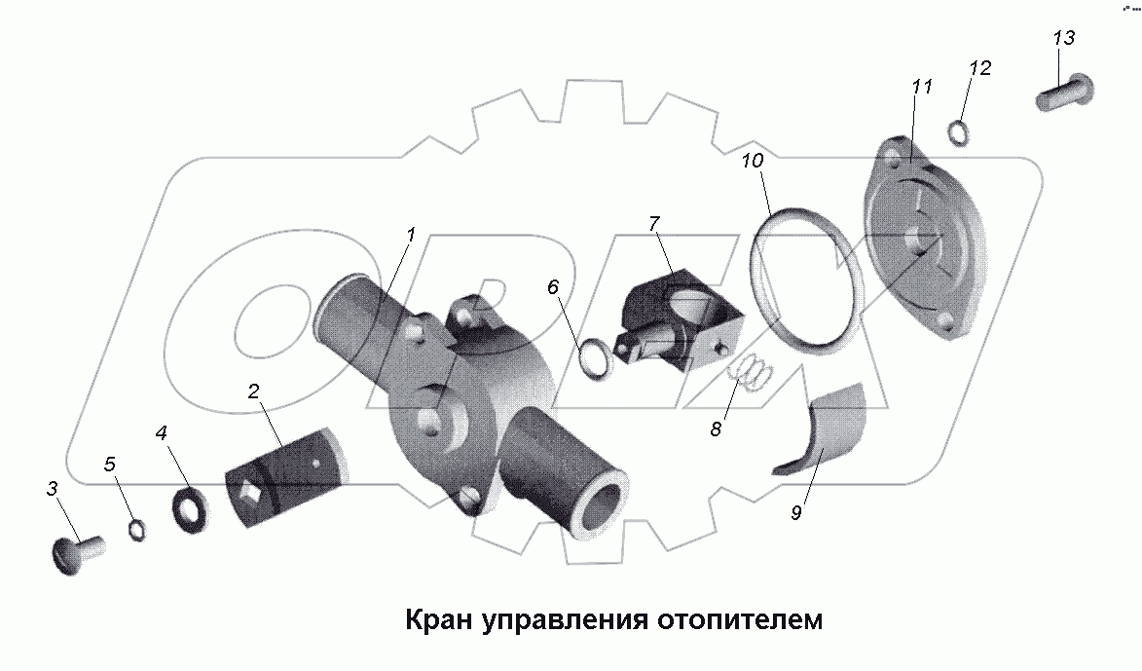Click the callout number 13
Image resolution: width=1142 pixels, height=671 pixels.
point(1063,38)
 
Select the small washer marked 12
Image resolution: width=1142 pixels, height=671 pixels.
point(958,132)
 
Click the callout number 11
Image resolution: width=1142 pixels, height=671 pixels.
point(921,87)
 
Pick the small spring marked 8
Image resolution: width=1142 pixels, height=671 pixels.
point(752,373)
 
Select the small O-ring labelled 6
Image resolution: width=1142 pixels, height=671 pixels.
point(592,357)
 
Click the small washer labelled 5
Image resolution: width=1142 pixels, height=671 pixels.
point(138,529)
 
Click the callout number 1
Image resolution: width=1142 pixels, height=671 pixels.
point(411,235)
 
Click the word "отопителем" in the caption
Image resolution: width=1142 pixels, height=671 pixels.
point(741,620)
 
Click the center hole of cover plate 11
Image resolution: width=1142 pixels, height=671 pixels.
point(919,239)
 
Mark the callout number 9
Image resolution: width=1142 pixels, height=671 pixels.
point(795,513)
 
